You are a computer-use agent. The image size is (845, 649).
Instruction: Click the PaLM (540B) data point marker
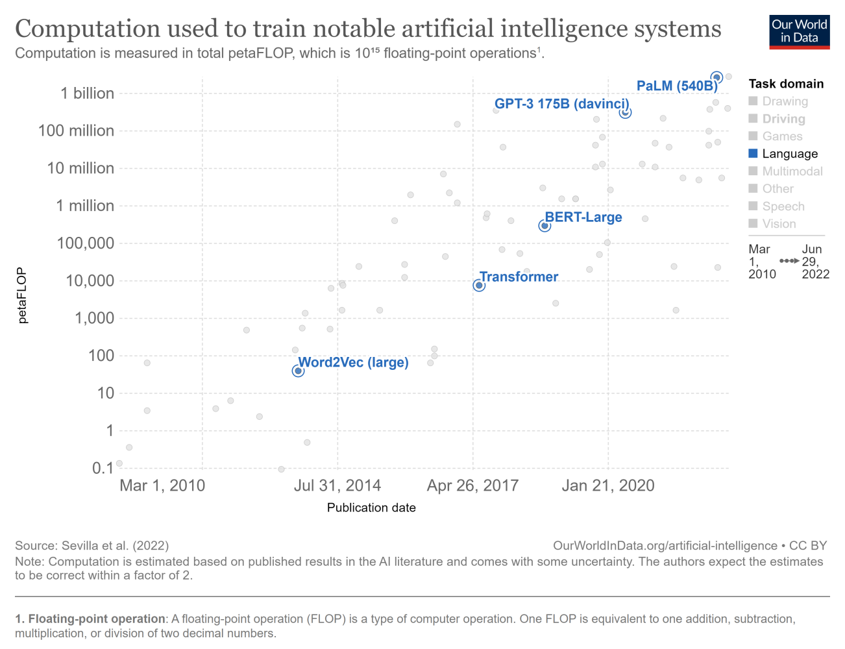pyautogui.click(x=716, y=78)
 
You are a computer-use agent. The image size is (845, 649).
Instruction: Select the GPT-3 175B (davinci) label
pyautogui.click(x=561, y=104)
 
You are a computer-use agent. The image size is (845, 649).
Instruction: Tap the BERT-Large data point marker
pyautogui.click(x=545, y=226)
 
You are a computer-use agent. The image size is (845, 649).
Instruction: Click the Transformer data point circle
pyautogui.click(x=479, y=286)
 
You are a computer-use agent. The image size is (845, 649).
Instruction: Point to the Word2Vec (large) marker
pyautogui.click(x=298, y=371)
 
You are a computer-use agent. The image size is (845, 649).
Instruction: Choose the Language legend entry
pyautogui.click(x=789, y=154)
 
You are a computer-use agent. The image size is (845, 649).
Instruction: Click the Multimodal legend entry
pyautogui.click(x=792, y=171)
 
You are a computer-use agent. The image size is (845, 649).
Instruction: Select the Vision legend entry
pyautogui.click(x=779, y=224)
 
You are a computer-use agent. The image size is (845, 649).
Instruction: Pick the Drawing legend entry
pyautogui.click(x=785, y=101)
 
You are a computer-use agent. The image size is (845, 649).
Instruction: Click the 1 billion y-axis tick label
pyautogui.click(x=88, y=93)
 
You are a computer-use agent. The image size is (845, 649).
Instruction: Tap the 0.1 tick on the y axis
pyautogui.click(x=103, y=468)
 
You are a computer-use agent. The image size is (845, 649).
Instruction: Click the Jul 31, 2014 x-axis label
pyautogui.click(x=337, y=485)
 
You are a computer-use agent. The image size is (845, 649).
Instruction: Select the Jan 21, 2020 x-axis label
pyautogui.click(x=608, y=485)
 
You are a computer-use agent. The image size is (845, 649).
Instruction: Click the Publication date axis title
pyautogui.click(x=371, y=508)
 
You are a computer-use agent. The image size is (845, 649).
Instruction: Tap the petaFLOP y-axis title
pyautogui.click(x=22, y=295)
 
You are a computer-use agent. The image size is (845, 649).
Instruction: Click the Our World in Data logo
pyautogui.click(x=799, y=31)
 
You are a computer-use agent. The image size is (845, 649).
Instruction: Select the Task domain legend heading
pyautogui.click(x=786, y=84)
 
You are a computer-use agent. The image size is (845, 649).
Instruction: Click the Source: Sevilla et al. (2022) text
pyautogui.click(x=92, y=546)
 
